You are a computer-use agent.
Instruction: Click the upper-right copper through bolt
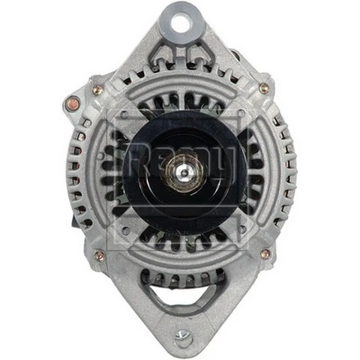tap(264, 88)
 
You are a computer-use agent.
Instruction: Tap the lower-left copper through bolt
tap(99, 256)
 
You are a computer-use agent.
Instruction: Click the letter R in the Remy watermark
tap(136, 160)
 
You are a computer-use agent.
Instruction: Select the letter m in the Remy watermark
tap(196, 160)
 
